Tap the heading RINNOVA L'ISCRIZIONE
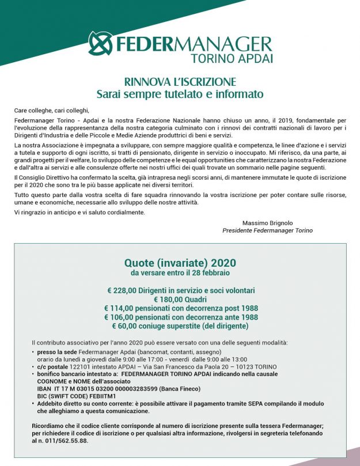coord(180,82)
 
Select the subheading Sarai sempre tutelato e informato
coord(180,93)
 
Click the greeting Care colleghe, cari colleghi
coord(52,110)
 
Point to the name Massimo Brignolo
coord(268,222)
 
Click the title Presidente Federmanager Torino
coord(267,230)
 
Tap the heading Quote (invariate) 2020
coord(180,263)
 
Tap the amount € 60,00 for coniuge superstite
coord(128,326)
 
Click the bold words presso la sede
coord(59,351)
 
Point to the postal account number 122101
coord(81,366)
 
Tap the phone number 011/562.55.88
coord(71,441)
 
